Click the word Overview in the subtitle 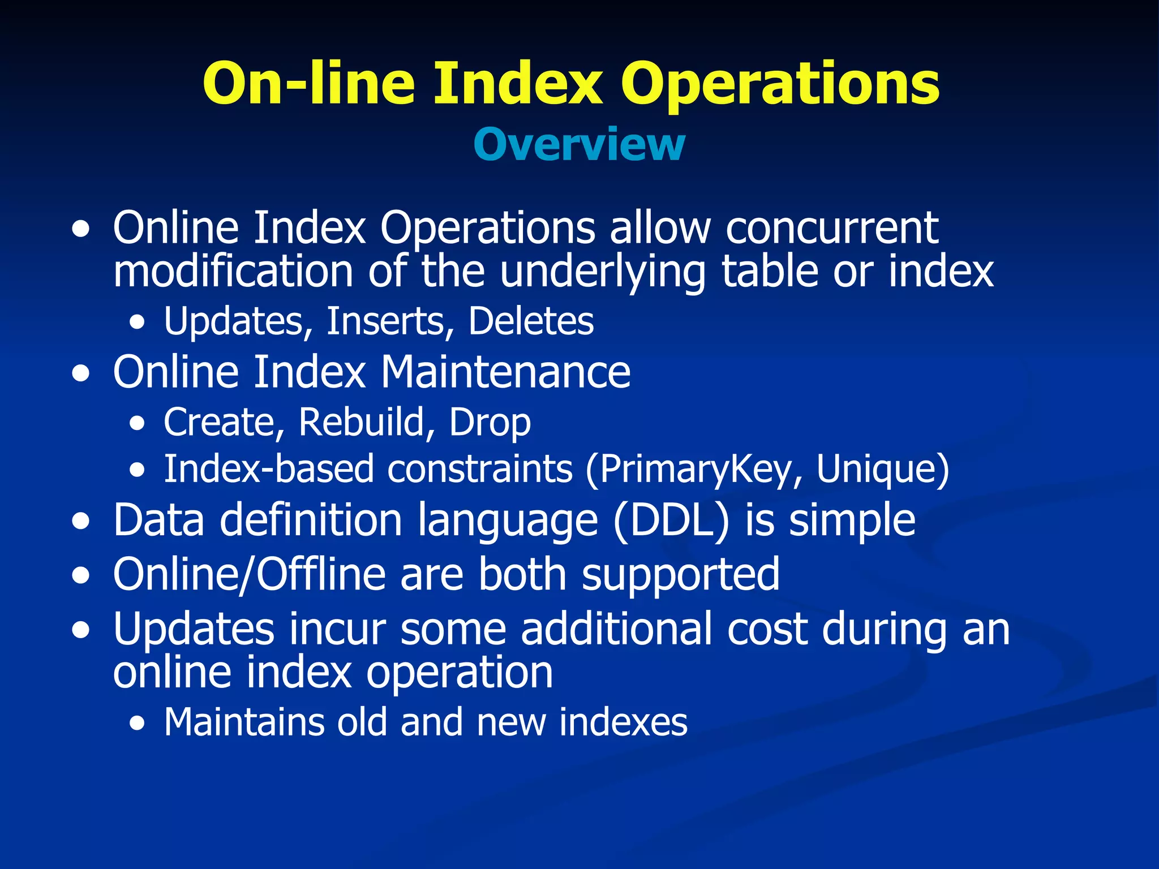pyautogui.click(x=579, y=145)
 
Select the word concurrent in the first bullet pyautogui.click(x=832, y=227)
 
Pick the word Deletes pyautogui.click(x=531, y=321)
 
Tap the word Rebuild pyautogui.click(x=362, y=422)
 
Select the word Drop pyautogui.click(x=490, y=422)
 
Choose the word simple pyautogui.click(x=852, y=520)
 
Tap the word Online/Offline pyautogui.click(x=249, y=574)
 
